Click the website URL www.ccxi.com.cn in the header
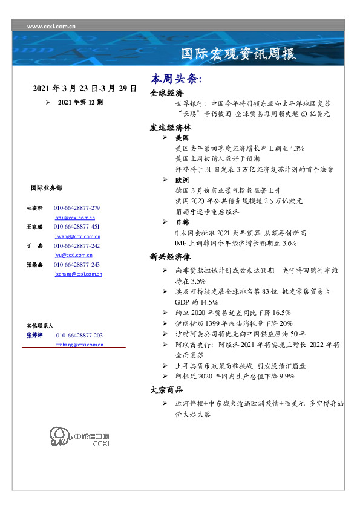click(51, 27)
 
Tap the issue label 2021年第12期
click(80, 103)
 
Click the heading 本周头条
click(175, 80)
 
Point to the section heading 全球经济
click(166, 94)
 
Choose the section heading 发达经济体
click(171, 128)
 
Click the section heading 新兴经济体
click(171, 256)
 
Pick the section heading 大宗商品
click(166, 389)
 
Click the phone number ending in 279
click(77, 208)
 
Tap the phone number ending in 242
click(77, 246)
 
